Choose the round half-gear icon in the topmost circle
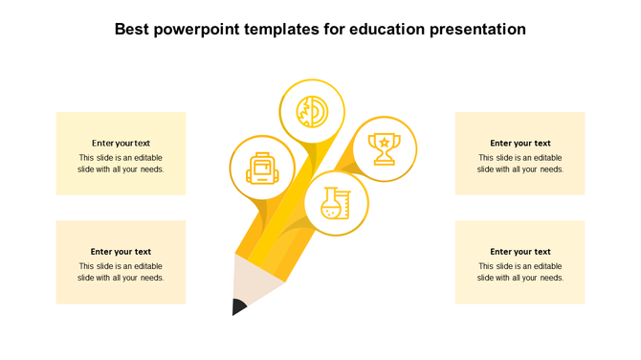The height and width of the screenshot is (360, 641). click(x=311, y=111)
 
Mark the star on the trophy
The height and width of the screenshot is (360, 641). click(x=384, y=143)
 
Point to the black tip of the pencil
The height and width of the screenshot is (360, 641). click(x=237, y=307)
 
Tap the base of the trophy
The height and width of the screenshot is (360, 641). click(x=384, y=162)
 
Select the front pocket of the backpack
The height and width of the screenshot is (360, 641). click(x=261, y=175)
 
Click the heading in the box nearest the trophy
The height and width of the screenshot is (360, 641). click(x=519, y=144)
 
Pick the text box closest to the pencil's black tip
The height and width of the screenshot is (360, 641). click(x=121, y=262)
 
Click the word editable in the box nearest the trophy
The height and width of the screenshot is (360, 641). click(x=542, y=158)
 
